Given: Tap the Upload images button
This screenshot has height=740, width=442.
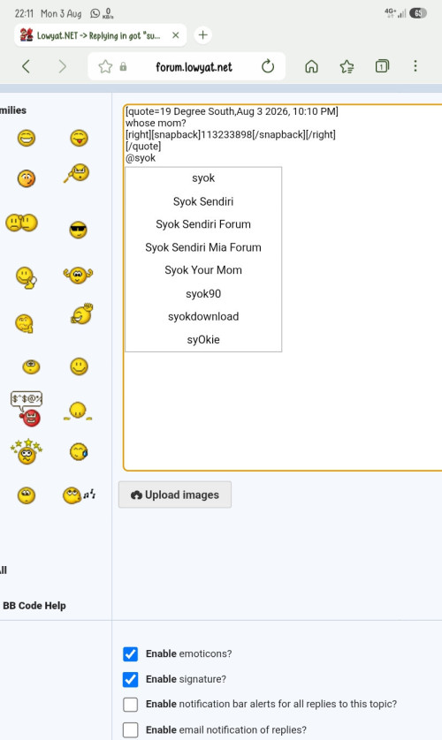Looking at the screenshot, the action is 175,495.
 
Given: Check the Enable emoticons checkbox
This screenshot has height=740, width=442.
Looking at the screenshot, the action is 130,653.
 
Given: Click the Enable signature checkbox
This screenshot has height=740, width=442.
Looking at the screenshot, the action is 130,679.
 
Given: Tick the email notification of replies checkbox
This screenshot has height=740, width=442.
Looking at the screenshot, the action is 130,729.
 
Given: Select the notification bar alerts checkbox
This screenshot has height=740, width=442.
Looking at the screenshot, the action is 130,704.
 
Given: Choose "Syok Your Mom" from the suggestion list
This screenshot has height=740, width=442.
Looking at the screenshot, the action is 203,270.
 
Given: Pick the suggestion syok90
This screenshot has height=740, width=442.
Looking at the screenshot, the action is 203,293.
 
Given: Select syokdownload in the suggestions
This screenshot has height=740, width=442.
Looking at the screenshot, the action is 203,316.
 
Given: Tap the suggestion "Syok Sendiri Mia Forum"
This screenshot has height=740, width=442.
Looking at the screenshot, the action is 203,247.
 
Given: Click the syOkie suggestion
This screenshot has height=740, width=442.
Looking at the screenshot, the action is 203,339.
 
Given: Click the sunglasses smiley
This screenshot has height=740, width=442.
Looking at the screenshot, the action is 79,230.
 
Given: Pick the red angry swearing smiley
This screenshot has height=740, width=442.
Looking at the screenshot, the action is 27,409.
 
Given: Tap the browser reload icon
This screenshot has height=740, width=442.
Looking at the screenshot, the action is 268,66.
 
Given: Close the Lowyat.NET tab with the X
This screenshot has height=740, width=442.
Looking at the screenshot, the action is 176,35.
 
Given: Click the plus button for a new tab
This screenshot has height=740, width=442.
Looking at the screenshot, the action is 202,35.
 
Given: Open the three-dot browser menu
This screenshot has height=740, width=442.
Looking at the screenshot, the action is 415,65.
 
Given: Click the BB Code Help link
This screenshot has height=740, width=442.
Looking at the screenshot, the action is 34,606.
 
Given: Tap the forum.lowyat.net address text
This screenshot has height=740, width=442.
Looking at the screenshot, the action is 194,67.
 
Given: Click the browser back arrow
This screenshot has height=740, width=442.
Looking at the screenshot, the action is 27,66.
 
